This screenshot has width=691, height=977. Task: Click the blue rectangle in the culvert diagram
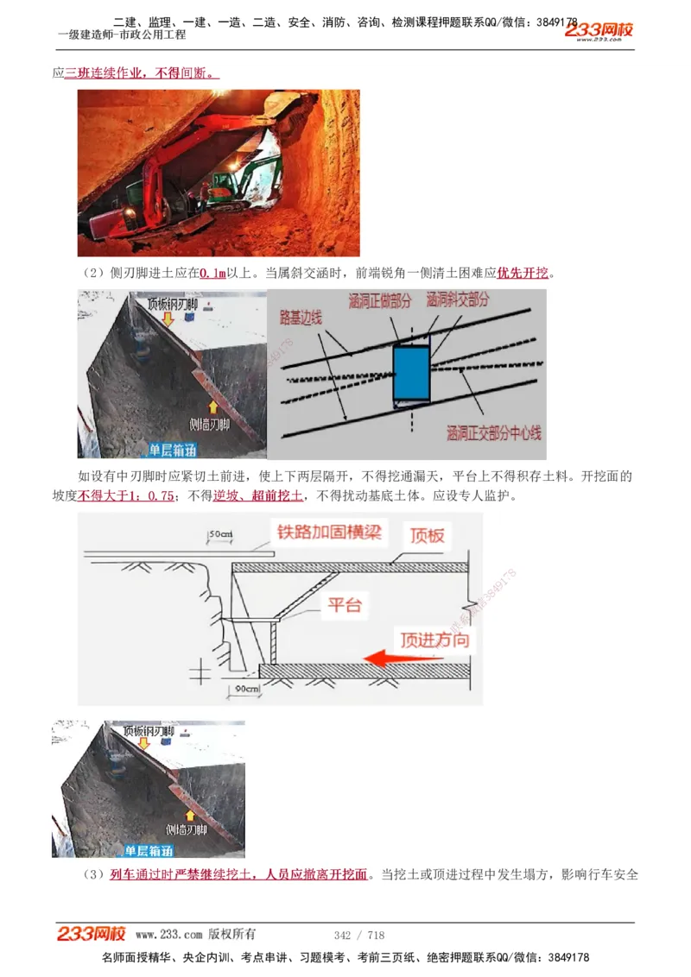pyautogui.click(x=411, y=374)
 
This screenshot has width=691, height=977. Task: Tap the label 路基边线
pyautogui.click(x=301, y=318)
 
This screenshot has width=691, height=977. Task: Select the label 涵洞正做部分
pyautogui.click(x=381, y=302)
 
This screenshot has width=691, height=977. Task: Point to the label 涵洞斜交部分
pyautogui.click(x=457, y=299)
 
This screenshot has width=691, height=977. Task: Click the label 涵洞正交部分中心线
pyautogui.click(x=493, y=432)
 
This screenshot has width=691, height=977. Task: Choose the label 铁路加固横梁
pyautogui.click(x=329, y=530)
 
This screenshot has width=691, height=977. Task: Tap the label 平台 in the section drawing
pyautogui.click(x=344, y=604)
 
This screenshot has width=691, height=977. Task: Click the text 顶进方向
pyautogui.click(x=434, y=640)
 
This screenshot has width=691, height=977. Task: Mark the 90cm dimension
pyautogui.click(x=242, y=688)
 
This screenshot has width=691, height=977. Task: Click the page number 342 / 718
pyautogui.click(x=358, y=935)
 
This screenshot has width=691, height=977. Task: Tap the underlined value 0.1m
pyautogui.click(x=212, y=274)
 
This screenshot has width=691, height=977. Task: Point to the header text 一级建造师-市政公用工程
pyautogui.click(x=121, y=35)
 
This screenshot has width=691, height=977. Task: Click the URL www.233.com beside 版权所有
pyautogui.click(x=169, y=935)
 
